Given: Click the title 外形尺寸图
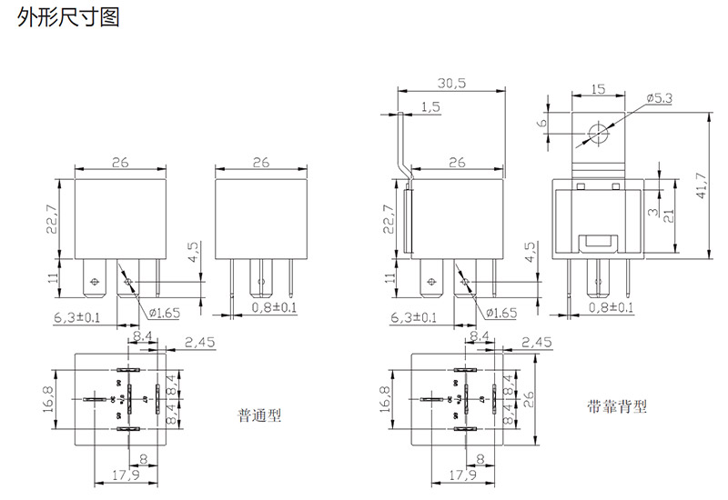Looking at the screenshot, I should tap(68, 17).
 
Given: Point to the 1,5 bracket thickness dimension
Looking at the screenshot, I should tap(430, 107).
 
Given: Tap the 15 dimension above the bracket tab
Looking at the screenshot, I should tap(598, 89).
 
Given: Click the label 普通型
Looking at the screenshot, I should tap(260, 415).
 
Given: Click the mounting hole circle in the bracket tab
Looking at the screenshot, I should tap(598, 134).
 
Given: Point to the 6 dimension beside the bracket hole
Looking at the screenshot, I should tap(542, 123).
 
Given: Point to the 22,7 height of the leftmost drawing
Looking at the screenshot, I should tap(54, 219).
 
